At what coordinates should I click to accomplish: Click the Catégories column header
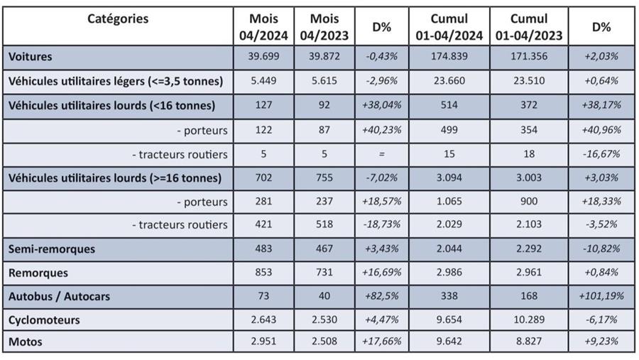tap(118, 19)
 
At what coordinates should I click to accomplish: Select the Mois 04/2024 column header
tap(264, 26)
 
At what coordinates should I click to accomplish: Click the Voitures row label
tap(31, 56)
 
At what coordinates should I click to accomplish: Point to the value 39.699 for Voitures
tap(264, 56)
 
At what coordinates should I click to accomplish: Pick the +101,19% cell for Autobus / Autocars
tap(601, 295)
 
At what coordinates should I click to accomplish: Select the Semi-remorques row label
tap(52, 249)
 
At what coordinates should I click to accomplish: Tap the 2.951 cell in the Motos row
tap(264, 342)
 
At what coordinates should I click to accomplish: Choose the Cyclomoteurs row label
tap(44, 320)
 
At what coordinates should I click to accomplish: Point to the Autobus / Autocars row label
tap(60, 295)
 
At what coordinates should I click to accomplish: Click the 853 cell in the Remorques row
tap(264, 273)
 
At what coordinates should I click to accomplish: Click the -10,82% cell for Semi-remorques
tap(601, 249)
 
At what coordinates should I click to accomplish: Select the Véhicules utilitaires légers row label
tap(115, 81)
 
